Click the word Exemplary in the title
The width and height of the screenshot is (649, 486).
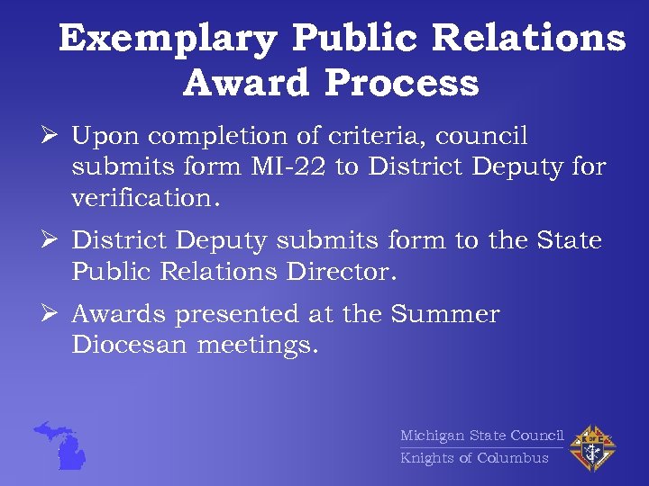(169, 39)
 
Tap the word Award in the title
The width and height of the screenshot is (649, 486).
(245, 84)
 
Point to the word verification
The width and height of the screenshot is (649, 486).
(143, 197)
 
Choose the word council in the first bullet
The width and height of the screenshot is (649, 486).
(483, 136)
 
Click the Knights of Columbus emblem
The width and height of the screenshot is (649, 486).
(592, 447)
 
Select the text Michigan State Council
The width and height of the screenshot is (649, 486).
(481, 436)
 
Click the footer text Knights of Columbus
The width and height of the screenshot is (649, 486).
(474, 458)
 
